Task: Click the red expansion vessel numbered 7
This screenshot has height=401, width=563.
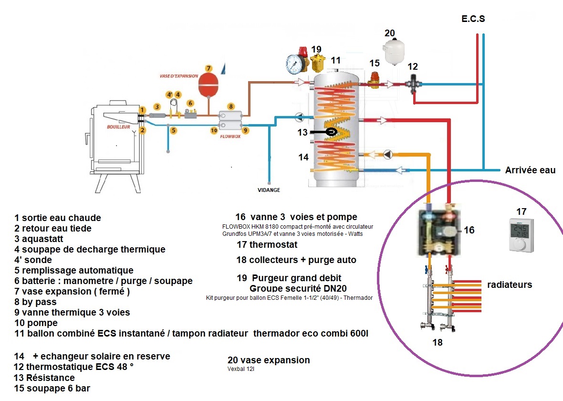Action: click(x=208, y=84)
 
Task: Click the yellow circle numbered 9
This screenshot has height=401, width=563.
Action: click(x=245, y=129)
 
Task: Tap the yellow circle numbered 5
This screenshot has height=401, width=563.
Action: click(x=174, y=130)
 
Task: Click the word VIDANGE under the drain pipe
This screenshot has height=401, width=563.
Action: click(x=269, y=190)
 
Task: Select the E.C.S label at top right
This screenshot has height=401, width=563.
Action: click(x=473, y=20)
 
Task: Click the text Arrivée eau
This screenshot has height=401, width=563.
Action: click(x=530, y=170)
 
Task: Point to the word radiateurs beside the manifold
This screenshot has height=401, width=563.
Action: click(x=509, y=285)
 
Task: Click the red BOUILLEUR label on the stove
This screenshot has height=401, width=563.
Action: click(x=119, y=127)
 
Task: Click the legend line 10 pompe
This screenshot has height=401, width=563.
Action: click(x=36, y=323)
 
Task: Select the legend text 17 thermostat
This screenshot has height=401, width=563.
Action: click(x=267, y=245)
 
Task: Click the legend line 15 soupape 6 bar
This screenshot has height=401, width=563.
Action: click(x=52, y=388)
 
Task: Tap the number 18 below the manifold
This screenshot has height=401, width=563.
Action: click(x=437, y=342)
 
